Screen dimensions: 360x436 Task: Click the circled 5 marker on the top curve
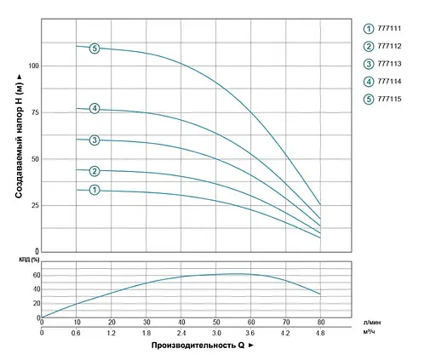95,48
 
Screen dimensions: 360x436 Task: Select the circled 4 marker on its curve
95,108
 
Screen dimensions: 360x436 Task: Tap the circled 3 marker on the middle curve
95,140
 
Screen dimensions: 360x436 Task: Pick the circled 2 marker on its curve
95,171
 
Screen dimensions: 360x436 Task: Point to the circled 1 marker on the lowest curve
95,190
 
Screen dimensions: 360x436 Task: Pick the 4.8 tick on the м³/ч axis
320,334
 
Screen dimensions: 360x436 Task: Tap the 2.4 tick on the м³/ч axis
181,334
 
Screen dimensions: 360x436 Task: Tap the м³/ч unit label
370,334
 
